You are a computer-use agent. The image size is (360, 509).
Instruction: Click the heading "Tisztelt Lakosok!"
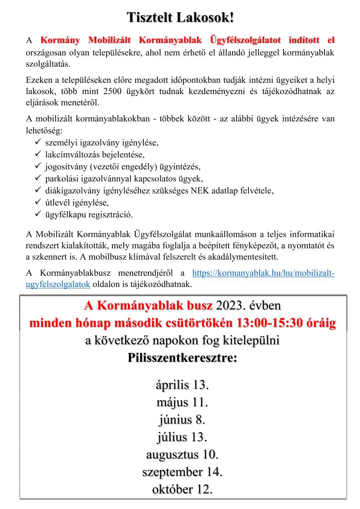(x=181, y=18)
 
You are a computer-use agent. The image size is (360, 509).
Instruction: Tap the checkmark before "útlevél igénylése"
(x=38, y=202)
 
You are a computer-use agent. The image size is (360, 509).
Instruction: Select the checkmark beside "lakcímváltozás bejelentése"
(x=38, y=155)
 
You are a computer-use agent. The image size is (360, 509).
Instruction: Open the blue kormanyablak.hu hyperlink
(x=264, y=273)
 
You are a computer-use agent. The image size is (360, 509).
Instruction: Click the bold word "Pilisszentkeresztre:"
(x=182, y=358)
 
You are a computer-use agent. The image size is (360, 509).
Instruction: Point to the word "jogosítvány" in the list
(x=65, y=166)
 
